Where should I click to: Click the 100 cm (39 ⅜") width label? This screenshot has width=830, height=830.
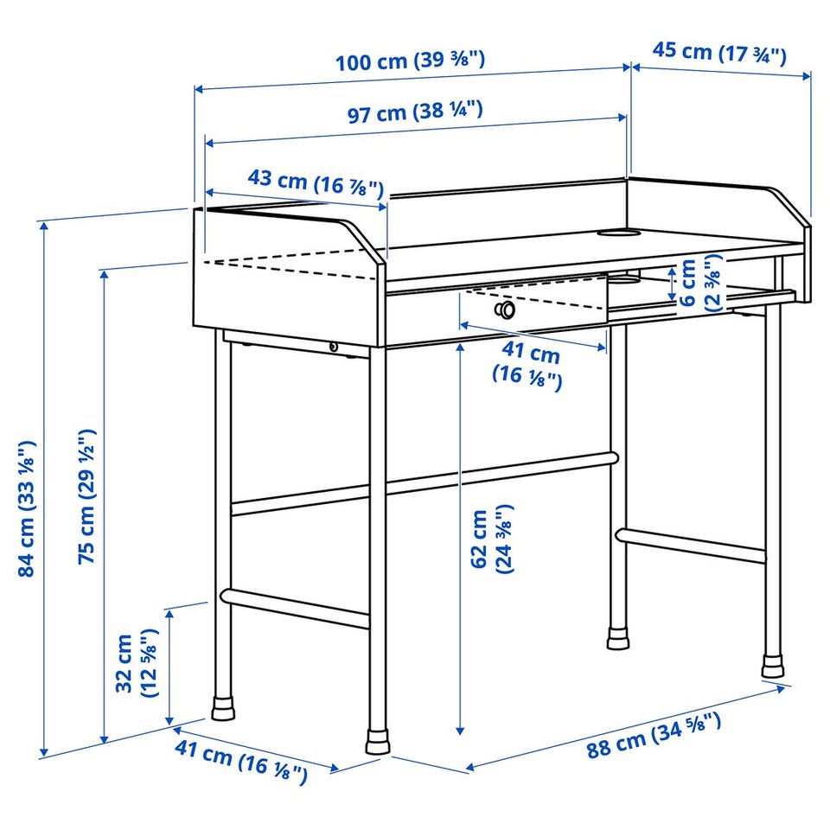point(410,61)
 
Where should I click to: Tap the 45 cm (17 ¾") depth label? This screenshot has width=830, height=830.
point(718,53)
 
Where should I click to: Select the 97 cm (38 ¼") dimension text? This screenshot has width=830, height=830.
point(415,112)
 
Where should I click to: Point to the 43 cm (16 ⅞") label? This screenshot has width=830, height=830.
point(316,182)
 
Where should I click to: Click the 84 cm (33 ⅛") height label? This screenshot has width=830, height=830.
point(27,508)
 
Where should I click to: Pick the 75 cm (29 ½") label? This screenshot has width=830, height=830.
point(87,496)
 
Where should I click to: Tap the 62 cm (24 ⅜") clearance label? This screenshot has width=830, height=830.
point(492,539)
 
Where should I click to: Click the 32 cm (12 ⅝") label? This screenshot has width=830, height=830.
point(137,663)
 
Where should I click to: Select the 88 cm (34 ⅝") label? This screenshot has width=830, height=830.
point(654,736)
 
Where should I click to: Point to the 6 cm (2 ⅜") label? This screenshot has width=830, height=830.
point(699,283)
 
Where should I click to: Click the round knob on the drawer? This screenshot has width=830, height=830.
point(505,310)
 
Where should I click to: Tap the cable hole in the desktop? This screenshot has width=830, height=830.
point(618,232)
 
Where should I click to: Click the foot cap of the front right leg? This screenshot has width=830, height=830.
point(378,741)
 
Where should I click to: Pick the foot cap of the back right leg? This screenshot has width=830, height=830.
point(772,666)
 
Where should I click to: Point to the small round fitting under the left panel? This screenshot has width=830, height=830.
point(334,347)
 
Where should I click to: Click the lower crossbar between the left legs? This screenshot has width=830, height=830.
point(295,608)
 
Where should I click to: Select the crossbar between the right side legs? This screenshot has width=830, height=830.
point(691,546)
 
